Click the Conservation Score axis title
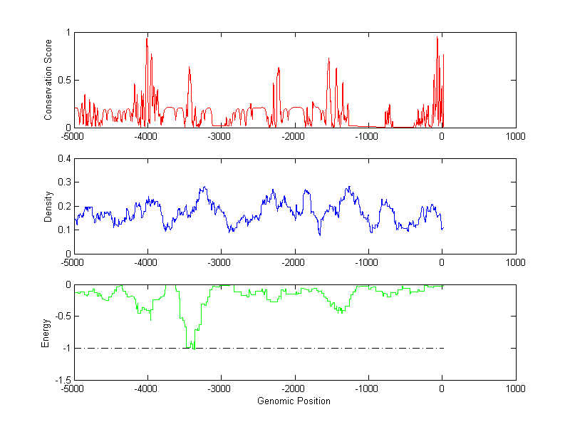coord(48,80)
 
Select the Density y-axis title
coord(48,206)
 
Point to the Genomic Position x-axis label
coord(294,401)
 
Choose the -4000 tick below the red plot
coord(147,135)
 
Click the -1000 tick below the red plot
coord(368,135)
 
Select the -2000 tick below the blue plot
coord(294,262)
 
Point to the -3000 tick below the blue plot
coord(220,262)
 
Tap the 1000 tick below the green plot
coord(515,389)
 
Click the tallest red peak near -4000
coord(147,38)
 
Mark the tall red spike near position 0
coord(437,38)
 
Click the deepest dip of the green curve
coord(192,347)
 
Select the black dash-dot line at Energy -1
coord(321,348)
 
